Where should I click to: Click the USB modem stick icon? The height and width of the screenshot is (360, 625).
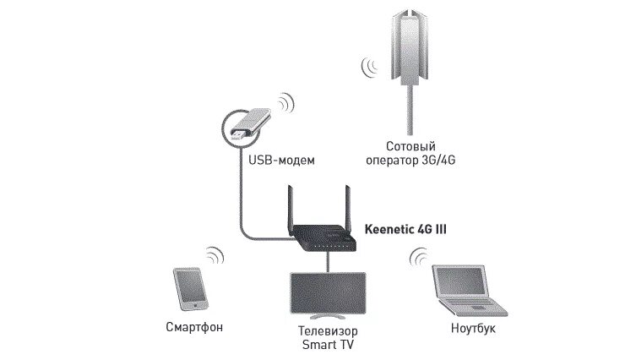pyautogui.click(x=247, y=125)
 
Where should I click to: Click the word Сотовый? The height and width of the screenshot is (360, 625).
pyautogui.click(x=413, y=146)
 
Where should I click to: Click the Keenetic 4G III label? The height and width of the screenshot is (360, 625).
pyautogui.click(x=404, y=228)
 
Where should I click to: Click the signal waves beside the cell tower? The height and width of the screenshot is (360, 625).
pyautogui.click(x=368, y=66)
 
